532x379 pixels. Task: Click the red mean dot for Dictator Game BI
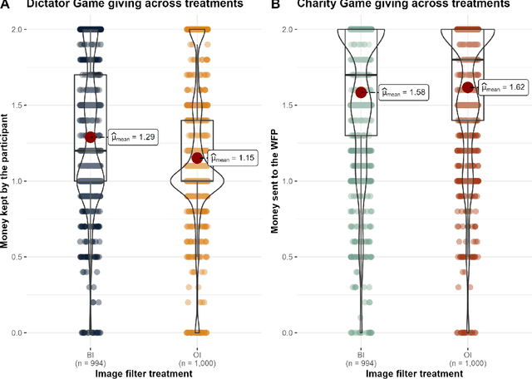pos(91,137)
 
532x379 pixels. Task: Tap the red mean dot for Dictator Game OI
pos(197,158)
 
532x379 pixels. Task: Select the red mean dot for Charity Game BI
pos(361,92)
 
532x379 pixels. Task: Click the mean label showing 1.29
pos(133,137)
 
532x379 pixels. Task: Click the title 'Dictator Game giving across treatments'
pos(137,5)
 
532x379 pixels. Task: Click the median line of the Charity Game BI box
pos(361,75)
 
